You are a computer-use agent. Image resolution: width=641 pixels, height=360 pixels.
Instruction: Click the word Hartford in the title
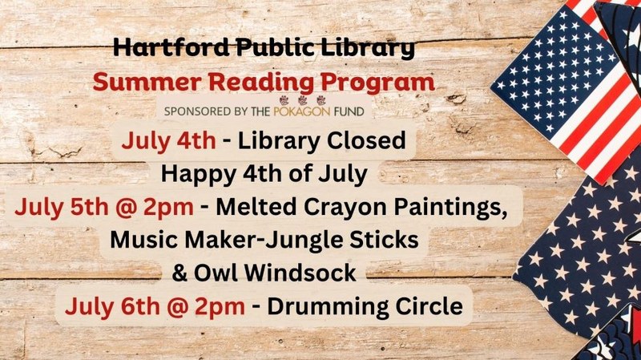[171, 47]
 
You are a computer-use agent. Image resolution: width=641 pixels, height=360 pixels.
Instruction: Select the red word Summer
[147, 82]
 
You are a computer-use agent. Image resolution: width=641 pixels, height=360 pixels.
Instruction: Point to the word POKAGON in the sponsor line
[302, 111]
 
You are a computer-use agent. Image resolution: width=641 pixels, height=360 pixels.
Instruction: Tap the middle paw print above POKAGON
[303, 100]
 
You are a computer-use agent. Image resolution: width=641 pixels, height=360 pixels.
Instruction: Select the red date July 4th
[168, 141]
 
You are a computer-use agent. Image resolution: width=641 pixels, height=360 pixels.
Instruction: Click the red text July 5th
[62, 207]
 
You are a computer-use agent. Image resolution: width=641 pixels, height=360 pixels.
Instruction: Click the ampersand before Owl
[179, 273]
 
